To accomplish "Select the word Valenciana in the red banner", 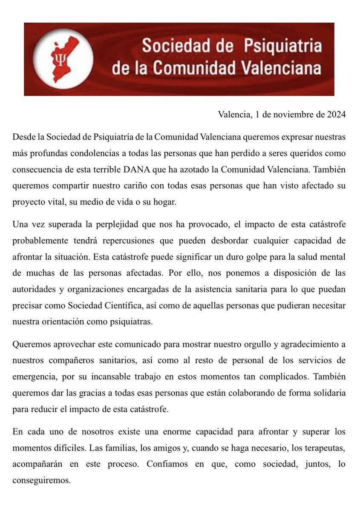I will click(x=276, y=68).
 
